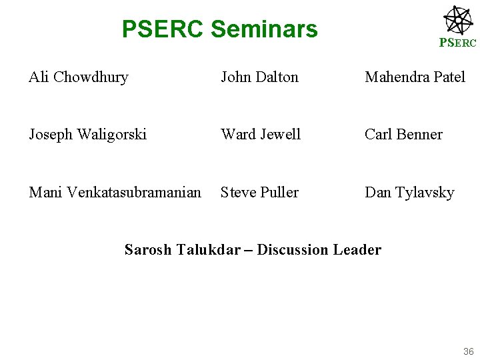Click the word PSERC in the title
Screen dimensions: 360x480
click(163, 29)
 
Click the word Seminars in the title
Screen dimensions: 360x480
click(264, 29)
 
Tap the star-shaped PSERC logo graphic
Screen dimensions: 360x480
click(458, 19)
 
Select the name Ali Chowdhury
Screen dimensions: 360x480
click(78, 77)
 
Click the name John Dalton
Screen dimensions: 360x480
click(259, 77)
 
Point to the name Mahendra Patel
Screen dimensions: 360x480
click(415, 77)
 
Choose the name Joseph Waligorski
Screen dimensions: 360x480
click(87, 135)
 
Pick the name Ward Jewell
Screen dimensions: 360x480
click(261, 135)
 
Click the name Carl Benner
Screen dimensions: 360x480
click(403, 135)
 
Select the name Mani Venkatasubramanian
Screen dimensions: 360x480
click(115, 193)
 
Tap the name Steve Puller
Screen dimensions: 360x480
click(259, 193)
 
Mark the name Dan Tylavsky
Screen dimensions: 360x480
click(409, 193)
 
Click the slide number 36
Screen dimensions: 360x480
click(467, 351)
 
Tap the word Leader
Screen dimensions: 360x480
click(357, 250)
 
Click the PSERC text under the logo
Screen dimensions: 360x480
click(457, 43)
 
